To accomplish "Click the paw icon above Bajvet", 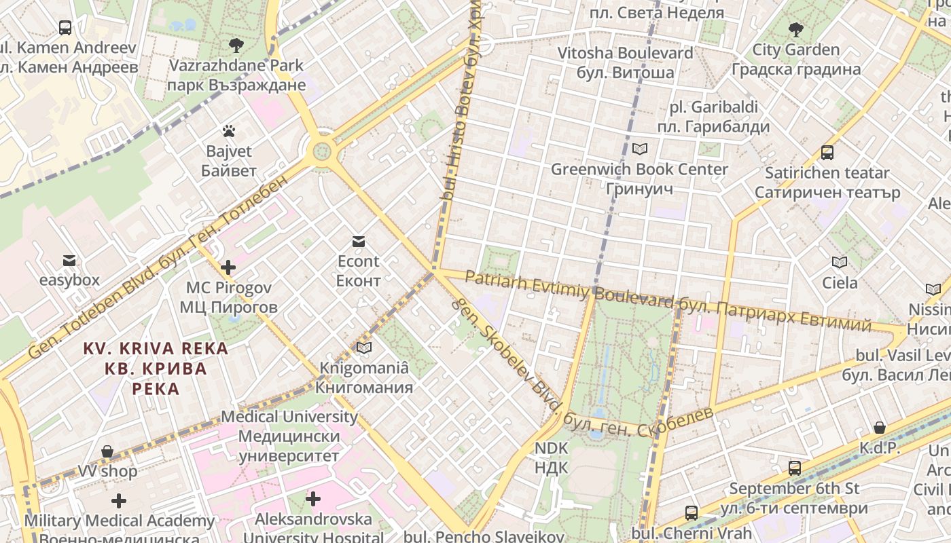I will coord(228,130).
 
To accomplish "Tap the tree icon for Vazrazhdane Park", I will coord(236,45).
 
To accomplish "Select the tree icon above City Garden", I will coord(795,29).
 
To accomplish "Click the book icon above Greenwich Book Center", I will coord(639,149).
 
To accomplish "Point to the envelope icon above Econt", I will coord(358,241).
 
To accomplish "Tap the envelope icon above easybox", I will coord(69,260).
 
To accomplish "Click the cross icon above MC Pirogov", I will coord(228,267).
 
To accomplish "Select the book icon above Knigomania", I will coord(364,348).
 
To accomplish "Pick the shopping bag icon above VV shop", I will coord(107,451).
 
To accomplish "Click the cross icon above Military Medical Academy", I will coord(119,501).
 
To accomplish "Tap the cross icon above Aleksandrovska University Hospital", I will coord(312,500).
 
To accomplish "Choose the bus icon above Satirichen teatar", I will coord(827,153).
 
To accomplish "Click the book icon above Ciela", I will coord(840,262).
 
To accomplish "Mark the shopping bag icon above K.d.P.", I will coord(879,428).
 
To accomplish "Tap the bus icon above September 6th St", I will coord(794,468).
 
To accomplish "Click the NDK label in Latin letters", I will coord(551,449).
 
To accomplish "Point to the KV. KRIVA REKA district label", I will coord(156,349).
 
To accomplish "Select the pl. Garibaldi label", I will coord(713,107).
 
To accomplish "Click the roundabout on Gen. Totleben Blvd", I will coord(322,150).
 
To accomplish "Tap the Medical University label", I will coord(289,417).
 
